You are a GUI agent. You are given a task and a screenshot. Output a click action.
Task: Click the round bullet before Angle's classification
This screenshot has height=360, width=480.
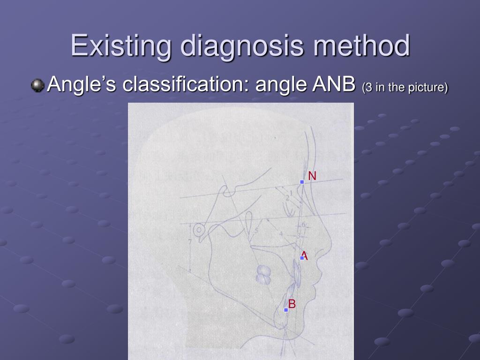pos(37,85)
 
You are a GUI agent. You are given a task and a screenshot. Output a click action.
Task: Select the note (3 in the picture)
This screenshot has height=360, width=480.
pos(405,87)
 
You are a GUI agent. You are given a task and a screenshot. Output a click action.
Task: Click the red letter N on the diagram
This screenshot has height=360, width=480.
pos(312,176)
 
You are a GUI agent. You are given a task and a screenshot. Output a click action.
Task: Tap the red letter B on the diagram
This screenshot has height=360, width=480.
pos(292,304)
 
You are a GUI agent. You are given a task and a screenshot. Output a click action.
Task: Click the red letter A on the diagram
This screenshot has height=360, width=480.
pos(305,255)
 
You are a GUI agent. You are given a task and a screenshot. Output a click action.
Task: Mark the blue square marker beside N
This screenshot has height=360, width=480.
pos(302,182)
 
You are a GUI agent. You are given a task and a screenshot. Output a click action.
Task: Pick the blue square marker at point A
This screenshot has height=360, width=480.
pos(302,258)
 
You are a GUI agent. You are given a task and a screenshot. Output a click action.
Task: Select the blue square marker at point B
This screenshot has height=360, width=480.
pos(286,310)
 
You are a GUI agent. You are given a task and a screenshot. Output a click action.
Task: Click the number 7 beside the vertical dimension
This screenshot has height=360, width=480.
pos(189,242)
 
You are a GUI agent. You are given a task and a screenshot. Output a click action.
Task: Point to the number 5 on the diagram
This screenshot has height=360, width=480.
pos(256,231)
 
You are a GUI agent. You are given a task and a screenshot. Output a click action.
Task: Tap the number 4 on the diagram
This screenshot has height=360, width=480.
pos(281,233)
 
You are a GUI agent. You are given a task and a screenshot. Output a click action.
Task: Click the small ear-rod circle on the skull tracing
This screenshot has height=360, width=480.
pos(200,230)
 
